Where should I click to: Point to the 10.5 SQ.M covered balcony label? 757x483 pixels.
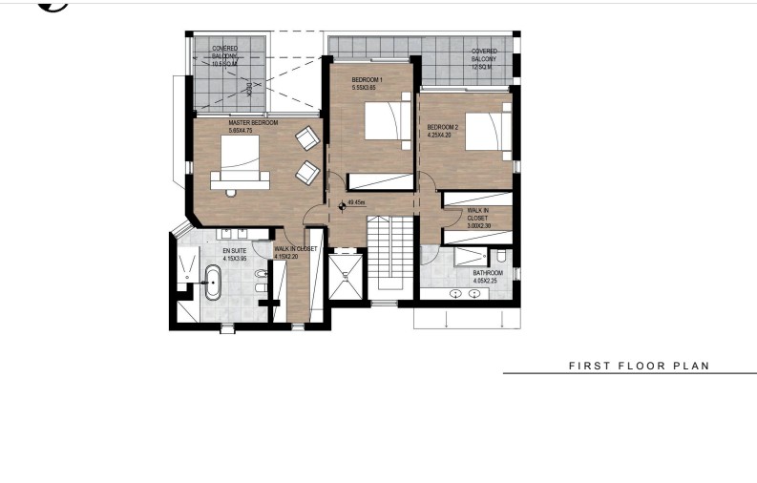226,52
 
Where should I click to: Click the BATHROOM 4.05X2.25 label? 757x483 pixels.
488,277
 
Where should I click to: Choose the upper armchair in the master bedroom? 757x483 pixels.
306,139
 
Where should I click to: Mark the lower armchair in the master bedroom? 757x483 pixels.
306,173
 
